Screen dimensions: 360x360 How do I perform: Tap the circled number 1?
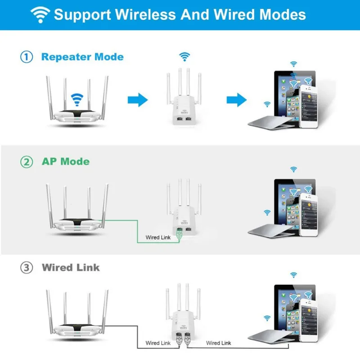pyautogui.click(x=27, y=57)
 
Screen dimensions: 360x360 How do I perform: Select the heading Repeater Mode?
pyautogui.click(x=82, y=57)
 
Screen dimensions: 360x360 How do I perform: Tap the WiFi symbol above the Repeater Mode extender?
pyautogui.click(x=184, y=57)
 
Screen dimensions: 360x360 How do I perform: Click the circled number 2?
pyautogui.click(x=27, y=162)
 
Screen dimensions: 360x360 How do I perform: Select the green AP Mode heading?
pyautogui.click(x=65, y=162)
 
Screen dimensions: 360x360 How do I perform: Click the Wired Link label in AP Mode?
pyautogui.click(x=158, y=237)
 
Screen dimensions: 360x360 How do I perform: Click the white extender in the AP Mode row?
pyautogui.click(x=184, y=216)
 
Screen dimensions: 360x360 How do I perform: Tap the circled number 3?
pyautogui.click(x=27, y=268)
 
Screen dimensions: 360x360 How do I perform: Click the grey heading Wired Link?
pyautogui.click(x=71, y=268)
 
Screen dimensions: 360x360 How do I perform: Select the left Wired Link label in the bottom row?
pyautogui.click(x=158, y=343)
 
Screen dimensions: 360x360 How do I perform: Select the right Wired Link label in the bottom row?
pyautogui.click(x=219, y=343)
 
